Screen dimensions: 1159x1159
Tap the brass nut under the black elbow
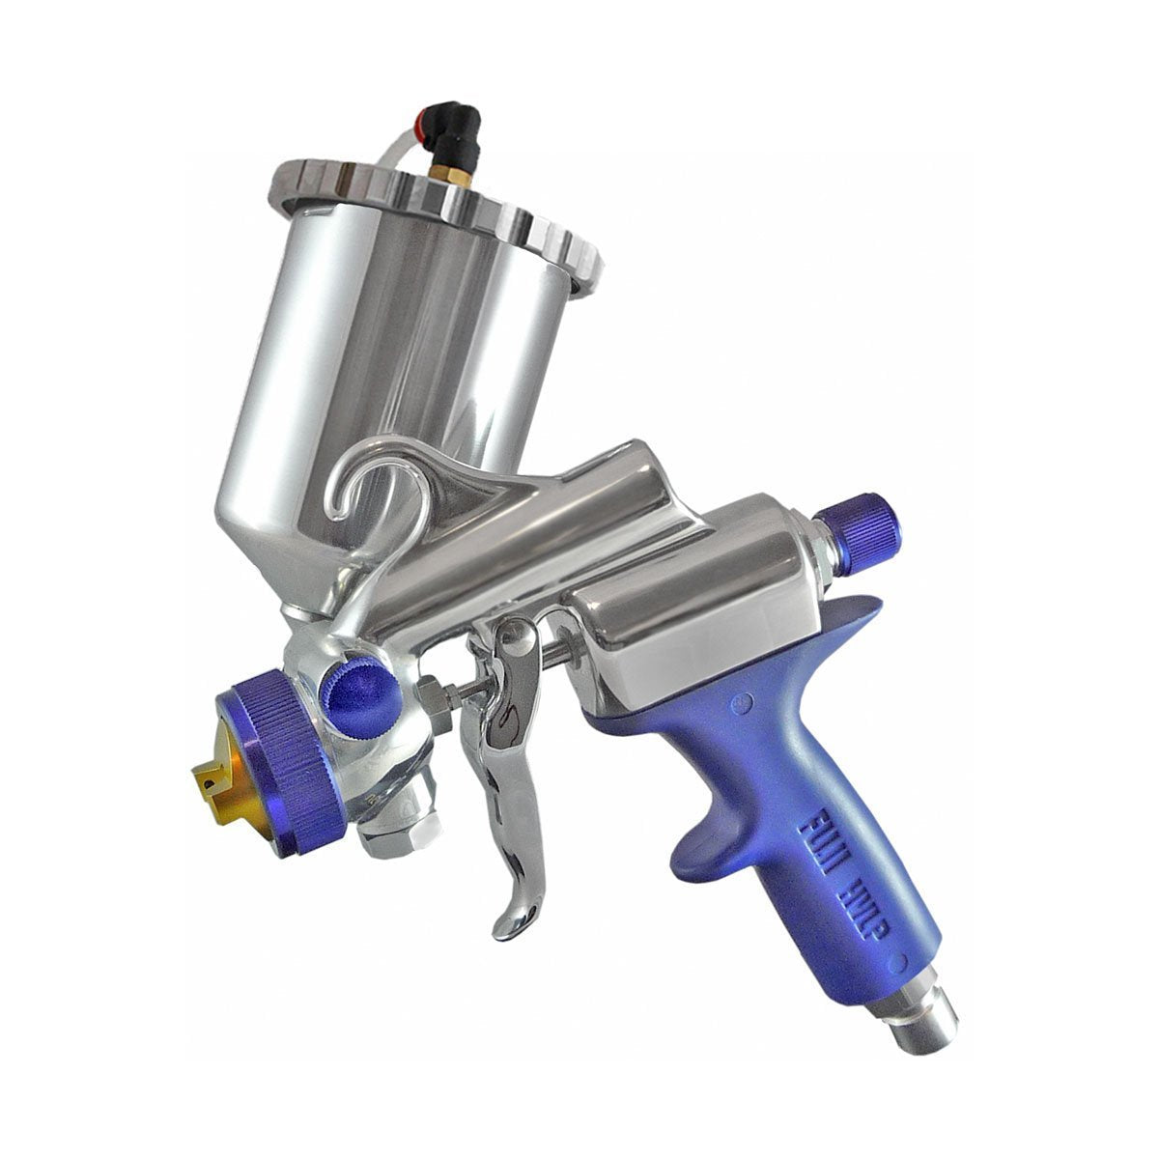(x=461, y=176)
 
